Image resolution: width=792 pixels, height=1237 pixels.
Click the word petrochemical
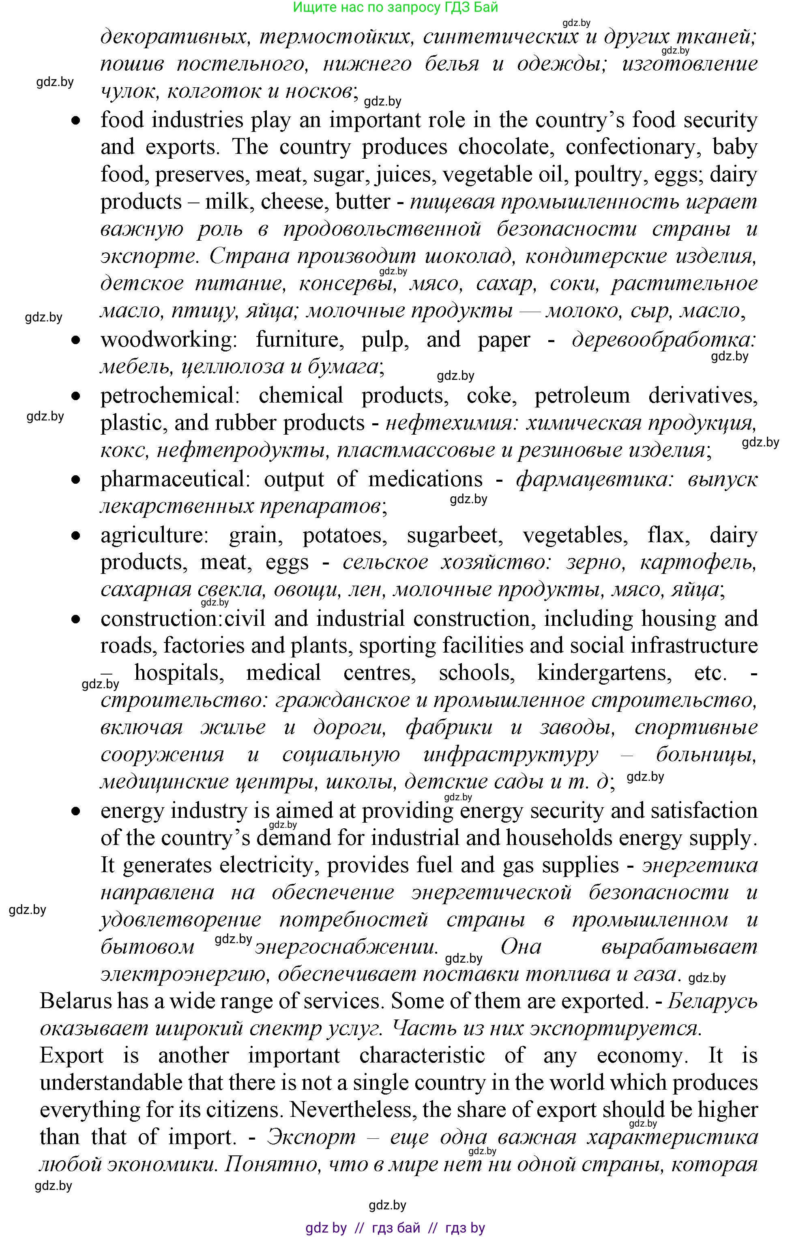(x=169, y=396)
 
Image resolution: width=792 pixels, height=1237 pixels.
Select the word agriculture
(x=154, y=535)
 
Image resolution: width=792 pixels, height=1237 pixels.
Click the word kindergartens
(x=604, y=672)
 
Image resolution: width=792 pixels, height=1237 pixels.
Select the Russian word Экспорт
(x=311, y=1137)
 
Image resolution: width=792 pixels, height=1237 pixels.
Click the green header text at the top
(x=395, y=7)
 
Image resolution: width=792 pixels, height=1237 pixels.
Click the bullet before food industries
(x=76, y=121)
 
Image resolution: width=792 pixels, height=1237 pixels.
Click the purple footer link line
(x=395, y=1228)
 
